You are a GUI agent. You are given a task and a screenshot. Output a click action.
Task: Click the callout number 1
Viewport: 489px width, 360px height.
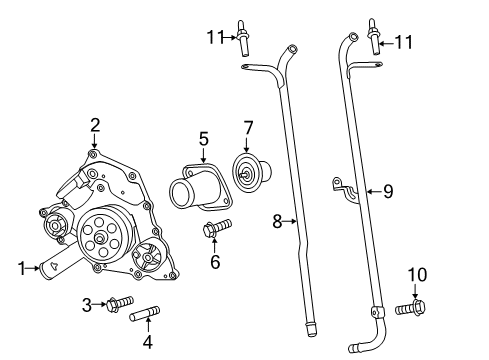[x=21, y=267]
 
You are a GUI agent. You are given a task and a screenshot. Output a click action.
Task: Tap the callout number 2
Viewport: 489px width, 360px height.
[x=94, y=125]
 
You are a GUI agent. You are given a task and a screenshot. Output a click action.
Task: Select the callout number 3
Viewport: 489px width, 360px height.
[x=87, y=303]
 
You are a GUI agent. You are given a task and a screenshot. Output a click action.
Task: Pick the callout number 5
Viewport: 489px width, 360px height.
[x=203, y=138]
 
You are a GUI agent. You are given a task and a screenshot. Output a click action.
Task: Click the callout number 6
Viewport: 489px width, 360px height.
[x=214, y=262]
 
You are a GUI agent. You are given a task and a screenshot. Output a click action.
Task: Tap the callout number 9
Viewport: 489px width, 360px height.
[x=389, y=188]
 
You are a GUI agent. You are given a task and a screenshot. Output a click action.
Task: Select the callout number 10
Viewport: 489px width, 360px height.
[x=416, y=273]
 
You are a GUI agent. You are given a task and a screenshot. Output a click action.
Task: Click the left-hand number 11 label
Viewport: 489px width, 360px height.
[x=212, y=39]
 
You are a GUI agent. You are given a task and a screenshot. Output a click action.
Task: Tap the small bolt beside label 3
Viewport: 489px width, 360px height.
[x=118, y=302]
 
